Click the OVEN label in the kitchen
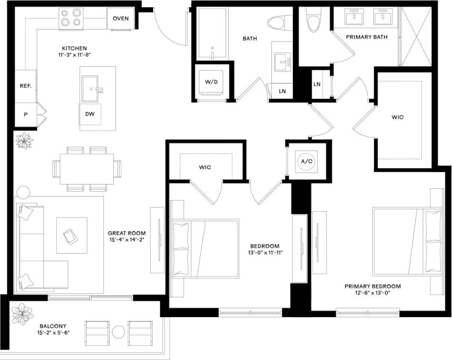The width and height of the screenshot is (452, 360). click(121, 19)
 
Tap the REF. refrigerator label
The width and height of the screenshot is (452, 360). click(26, 86)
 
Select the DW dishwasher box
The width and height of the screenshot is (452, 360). click(90, 114)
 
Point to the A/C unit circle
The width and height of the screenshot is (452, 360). click(306, 161)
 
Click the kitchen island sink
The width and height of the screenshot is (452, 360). click(92, 89)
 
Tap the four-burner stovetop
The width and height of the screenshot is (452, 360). click(72, 19)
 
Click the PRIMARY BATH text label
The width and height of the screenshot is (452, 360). click(367, 37)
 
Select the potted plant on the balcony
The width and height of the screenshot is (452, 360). click(22, 314)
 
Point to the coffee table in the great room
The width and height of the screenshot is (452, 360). click(72, 235)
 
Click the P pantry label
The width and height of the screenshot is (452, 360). click(26, 115)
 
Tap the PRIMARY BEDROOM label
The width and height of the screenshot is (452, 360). click(372, 286)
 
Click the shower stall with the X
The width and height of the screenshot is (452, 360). click(416, 36)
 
